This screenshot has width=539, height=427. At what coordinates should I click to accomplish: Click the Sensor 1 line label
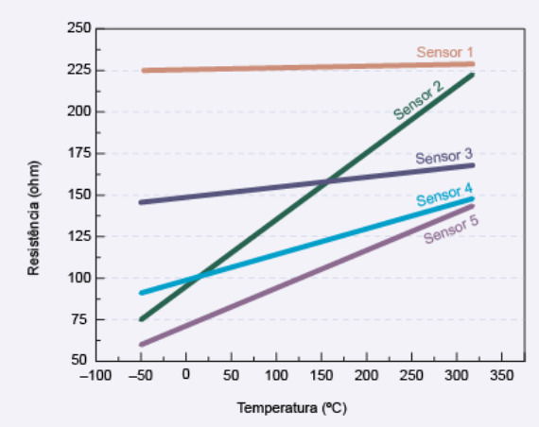[444, 52]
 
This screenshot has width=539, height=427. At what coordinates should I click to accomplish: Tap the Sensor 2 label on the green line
[418, 100]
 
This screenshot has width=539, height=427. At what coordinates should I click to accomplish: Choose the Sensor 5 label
[451, 231]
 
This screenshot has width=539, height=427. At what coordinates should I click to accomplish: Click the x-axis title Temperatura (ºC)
[292, 408]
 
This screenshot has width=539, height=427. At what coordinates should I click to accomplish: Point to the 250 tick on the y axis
[78, 28]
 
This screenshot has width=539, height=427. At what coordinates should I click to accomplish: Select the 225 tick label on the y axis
[78, 70]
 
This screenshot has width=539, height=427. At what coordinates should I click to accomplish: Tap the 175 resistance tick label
[78, 153]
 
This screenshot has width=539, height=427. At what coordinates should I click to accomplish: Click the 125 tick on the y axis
[78, 236]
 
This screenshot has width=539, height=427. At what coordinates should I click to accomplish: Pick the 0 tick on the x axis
[185, 376]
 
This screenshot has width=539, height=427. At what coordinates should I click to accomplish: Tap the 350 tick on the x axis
[503, 376]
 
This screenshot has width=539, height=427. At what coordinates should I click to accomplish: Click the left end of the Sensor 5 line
[141, 344]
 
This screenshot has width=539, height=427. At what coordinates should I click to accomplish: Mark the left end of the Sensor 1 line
[144, 70]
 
